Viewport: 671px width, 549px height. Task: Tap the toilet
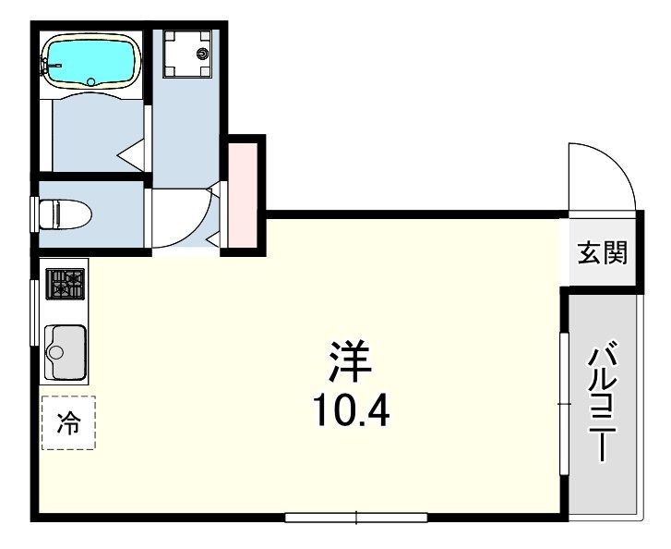(65, 213)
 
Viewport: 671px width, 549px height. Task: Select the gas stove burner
(65, 284)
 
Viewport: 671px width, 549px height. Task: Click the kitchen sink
(65, 352)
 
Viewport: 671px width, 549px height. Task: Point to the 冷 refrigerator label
(68, 422)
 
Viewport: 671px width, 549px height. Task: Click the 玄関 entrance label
(603, 252)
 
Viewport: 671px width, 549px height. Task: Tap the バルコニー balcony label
(603, 401)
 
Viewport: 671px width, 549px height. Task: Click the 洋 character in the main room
(350, 360)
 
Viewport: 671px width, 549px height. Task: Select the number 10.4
(352, 410)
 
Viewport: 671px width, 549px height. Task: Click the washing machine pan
(187, 54)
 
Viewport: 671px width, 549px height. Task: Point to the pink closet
(242, 195)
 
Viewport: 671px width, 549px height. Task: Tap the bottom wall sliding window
(356, 518)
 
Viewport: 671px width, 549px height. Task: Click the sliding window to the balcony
(565, 404)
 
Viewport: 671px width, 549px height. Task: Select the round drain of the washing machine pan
(202, 54)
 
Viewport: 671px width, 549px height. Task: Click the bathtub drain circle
(91, 81)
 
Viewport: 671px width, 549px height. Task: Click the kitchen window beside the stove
(34, 312)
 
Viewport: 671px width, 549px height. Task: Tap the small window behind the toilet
(34, 214)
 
